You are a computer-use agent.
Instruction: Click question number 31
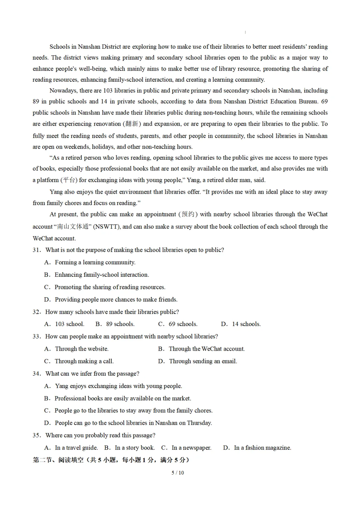[x=37, y=250]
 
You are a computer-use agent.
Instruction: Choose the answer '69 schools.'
[x=178, y=324]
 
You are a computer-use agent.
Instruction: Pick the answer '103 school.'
[x=64, y=324]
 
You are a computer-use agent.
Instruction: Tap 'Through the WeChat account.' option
[x=201, y=349]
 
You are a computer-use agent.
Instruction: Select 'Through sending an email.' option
[x=198, y=361]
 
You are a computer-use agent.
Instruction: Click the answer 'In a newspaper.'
[x=186, y=448]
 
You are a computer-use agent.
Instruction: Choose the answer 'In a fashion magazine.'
[x=257, y=448]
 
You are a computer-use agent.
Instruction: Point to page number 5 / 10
[x=178, y=473]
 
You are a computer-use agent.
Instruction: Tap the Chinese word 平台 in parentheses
[x=69, y=180]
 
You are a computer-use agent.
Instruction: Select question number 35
[x=37, y=435]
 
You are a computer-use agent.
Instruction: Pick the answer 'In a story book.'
[x=130, y=448]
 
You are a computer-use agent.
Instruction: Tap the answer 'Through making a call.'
[x=79, y=361]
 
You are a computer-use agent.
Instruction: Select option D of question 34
[x=128, y=423]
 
